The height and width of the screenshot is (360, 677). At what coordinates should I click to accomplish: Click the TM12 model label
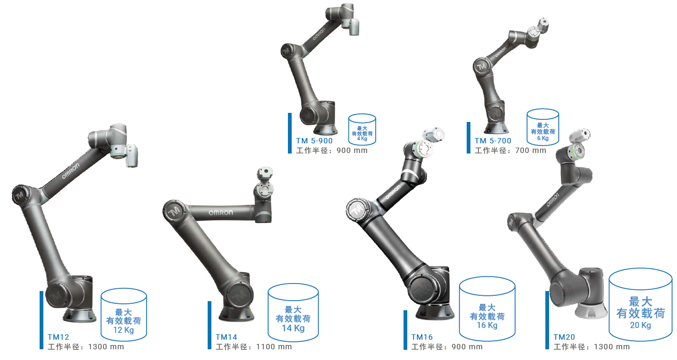tap(58, 337)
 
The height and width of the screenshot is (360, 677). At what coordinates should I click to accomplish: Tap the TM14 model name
tap(226, 337)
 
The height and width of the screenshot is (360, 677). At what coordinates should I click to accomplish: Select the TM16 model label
tap(422, 337)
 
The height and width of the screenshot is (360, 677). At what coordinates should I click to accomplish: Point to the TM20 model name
tap(564, 337)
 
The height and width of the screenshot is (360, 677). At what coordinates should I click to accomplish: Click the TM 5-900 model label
tap(314, 141)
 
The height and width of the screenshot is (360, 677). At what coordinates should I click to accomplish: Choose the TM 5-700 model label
tap(493, 141)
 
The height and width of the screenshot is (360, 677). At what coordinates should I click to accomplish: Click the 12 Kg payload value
tap(124, 330)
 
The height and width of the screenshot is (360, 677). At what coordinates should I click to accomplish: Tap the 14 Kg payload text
tap(293, 328)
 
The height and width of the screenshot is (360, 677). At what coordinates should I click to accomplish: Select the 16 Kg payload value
tap(487, 325)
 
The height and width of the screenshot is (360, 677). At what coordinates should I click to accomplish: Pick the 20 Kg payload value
tap(641, 325)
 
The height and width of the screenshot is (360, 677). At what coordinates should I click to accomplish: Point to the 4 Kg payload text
tap(362, 139)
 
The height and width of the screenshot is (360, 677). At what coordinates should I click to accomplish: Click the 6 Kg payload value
tap(543, 138)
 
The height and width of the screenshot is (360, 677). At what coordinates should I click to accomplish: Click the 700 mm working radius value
tap(531, 150)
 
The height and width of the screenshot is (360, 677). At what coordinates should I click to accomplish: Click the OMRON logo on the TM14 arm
tap(221, 213)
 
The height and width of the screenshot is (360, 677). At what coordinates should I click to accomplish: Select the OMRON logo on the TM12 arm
tap(71, 171)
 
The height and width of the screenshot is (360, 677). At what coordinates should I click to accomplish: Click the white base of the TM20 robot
tap(591, 310)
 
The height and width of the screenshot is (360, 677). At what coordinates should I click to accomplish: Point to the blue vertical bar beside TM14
tap(209, 325)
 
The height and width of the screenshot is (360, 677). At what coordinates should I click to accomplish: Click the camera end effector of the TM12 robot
tap(132, 156)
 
